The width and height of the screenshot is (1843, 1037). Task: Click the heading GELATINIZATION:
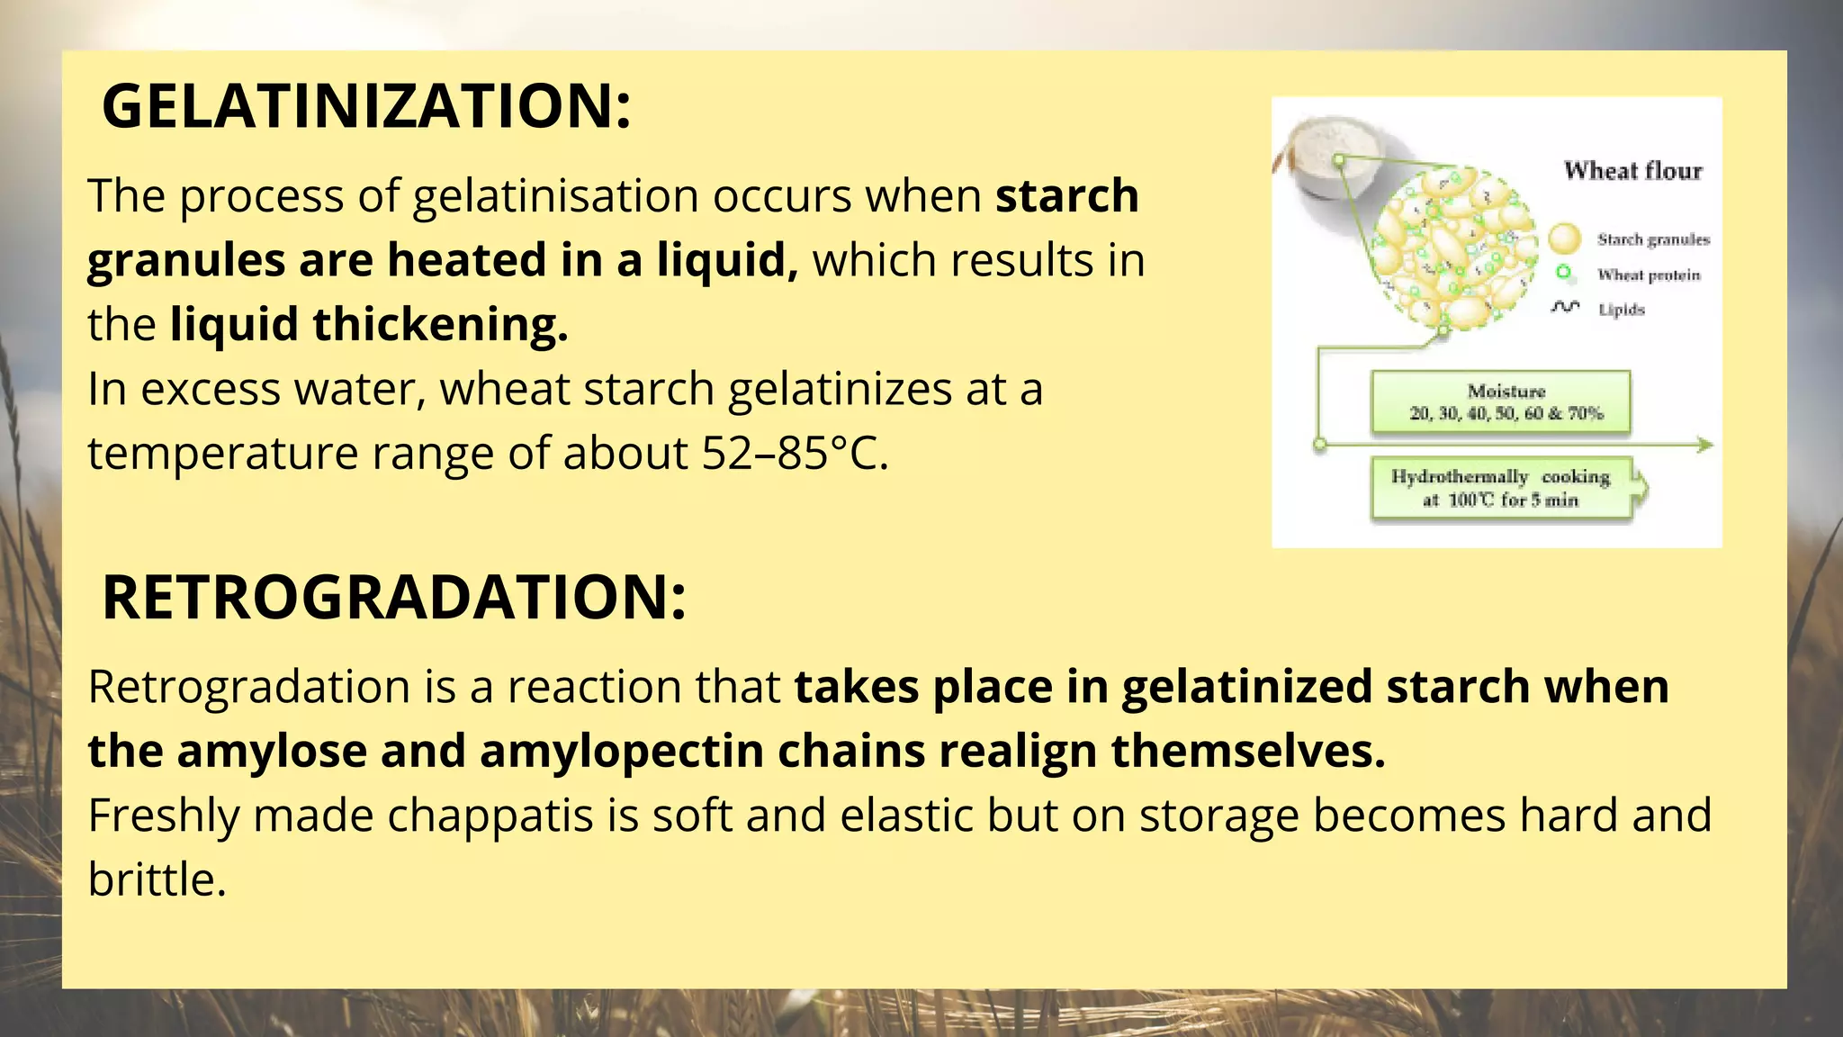click(x=366, y=106)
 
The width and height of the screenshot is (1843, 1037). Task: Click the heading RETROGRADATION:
click(x=394, y=598)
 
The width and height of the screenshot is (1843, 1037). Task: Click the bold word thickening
click(x=440, y=324)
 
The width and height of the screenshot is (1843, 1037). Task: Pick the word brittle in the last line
click(x=157, y=879)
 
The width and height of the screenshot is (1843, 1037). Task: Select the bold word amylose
click(x=272, y=751)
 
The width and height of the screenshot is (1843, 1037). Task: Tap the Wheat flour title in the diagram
click(x=1632, y=170)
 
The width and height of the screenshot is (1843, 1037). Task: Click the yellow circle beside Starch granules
click(x=1565, y=239)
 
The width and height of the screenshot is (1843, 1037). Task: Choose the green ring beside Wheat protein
click(x=1564, y=273)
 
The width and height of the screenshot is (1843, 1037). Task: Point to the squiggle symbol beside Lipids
click(x=1565, y=308)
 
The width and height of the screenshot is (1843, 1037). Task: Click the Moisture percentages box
click(x=1500, y=402)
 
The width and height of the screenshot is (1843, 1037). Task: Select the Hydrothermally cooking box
click(x=1500, y=488)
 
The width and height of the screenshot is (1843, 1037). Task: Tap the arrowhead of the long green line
click(x=1704, y=445)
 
